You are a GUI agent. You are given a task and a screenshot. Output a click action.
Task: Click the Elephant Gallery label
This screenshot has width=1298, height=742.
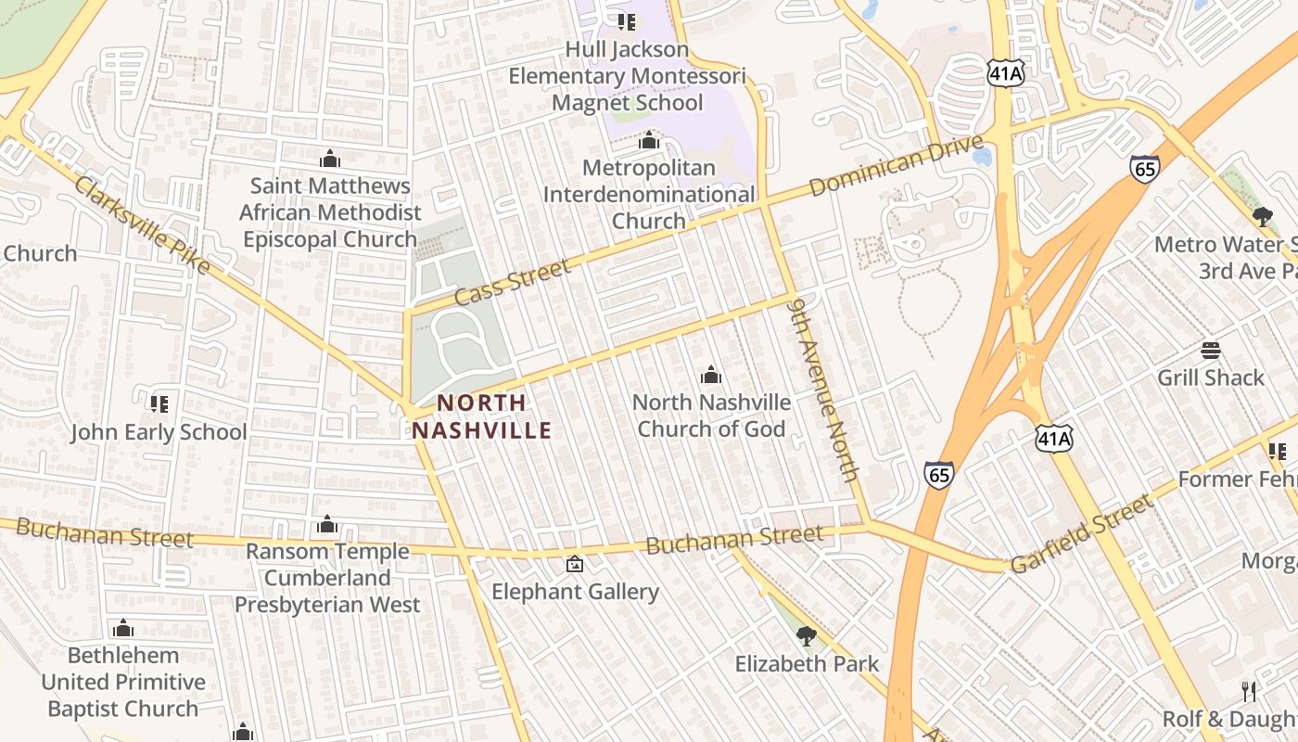[x=575, y=592]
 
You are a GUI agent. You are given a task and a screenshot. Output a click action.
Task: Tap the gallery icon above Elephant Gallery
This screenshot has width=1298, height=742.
[x=575, y=563]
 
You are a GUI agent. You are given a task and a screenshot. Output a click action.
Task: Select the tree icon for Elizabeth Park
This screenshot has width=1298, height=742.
[x=807, y=635]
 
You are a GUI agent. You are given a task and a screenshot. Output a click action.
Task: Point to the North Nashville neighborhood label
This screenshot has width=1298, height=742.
[x=482, y=416]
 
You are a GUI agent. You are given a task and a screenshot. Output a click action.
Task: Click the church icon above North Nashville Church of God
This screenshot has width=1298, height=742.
[x=711, y=375]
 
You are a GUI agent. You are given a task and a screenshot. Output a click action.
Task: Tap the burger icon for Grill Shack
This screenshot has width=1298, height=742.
[x=1210, y=350]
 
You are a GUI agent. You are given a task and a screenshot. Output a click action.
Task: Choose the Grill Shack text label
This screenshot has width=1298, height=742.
[x=1210, y=377]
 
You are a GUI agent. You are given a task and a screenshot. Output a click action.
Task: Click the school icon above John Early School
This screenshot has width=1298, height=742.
[x=159, y=403]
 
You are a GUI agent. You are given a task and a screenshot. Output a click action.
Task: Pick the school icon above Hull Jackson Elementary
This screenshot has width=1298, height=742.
[x=627, y=20]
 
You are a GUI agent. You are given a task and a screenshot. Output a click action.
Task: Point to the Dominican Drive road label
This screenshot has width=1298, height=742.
[x=896, y=165]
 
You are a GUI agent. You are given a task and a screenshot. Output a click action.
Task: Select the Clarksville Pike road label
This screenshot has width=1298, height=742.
[x=143, y=225]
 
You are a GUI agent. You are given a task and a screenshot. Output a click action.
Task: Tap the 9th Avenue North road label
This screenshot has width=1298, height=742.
[x=824, y=389]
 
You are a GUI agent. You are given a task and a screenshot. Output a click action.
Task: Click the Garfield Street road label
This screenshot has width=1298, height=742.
[x=1081, y=534]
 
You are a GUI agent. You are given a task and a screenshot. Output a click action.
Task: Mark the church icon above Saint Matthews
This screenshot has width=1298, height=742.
[x=329, y=159]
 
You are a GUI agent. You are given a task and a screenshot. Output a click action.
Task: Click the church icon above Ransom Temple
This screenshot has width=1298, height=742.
[x=326, y=525]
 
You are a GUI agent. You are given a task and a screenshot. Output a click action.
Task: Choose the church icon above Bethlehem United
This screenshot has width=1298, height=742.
[x=123, y=629]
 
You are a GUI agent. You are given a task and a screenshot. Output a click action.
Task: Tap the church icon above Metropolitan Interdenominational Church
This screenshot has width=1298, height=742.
[x=649, y=140]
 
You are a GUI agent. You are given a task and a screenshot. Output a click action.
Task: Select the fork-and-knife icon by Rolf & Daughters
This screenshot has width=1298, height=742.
[x=1249, y=691]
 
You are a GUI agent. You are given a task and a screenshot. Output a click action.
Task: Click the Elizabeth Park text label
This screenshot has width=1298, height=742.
[x=807, y=664]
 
